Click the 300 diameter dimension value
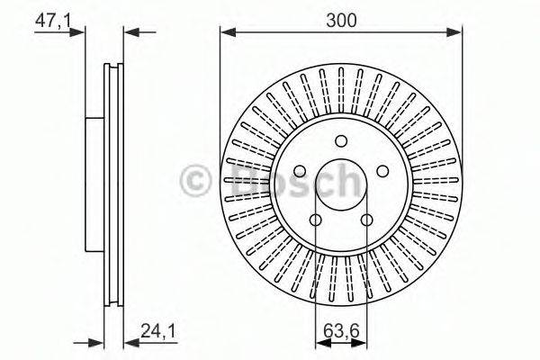click(341, 19)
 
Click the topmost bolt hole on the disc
click(341, 140)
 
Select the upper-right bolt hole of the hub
click(382, 171)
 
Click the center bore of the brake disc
click(341, 184)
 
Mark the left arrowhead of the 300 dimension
click(226, 33)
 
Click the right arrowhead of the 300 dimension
click(457, 33)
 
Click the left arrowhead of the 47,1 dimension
click(81, 33)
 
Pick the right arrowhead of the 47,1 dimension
click(129, 33)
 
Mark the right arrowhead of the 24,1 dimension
click(129, 343)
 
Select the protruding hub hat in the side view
click(95, 184)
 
